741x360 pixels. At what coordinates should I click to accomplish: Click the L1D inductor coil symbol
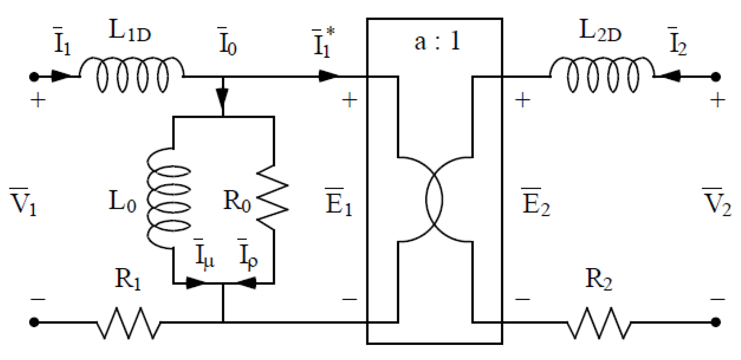pos(132,76)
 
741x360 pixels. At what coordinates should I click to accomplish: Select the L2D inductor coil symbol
pos(602,76)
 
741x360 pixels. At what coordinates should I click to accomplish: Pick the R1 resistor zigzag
pos(129,323)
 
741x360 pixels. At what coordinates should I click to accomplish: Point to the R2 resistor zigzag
pos(598,323)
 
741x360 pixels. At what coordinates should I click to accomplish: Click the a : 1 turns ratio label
pos(437,42)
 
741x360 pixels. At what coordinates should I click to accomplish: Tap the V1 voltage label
pos(24,202)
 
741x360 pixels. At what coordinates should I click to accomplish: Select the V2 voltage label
pos(716,202)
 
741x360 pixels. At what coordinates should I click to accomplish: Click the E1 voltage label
pos(339,202)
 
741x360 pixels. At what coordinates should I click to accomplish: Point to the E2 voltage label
pos(536,202)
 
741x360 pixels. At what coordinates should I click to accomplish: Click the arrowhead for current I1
pos(62,77)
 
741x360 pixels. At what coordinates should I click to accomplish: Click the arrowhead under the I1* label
pos(329,77)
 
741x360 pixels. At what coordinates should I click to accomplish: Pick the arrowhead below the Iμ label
pos(195,284)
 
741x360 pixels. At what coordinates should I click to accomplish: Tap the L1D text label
pos(129,31)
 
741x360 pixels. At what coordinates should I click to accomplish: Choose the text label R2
pos(598,279)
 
